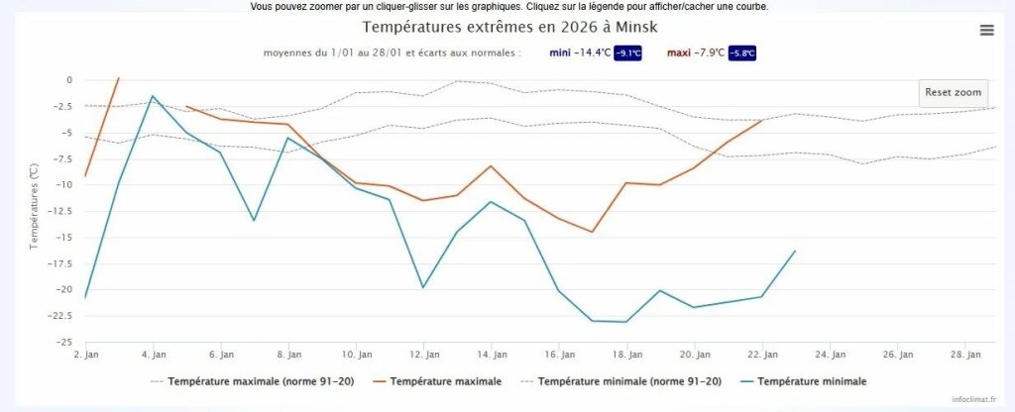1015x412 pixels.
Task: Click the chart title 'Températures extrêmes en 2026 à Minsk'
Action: pyautogui.click(x=509, y=27)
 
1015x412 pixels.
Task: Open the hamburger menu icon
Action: pyautogui.click(x=986, y=30)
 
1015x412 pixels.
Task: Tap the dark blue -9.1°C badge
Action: pyautogui.click(x=627, y=53)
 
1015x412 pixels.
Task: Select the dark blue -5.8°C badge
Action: pyautogui.click(x=748, y=53)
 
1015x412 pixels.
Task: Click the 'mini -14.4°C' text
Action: pyautogui.click(x=580, y=52)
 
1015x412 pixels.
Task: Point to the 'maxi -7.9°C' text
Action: pyautogui.click(x=695, y=52)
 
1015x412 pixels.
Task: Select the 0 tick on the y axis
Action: pyautogui.click(x=68, y=80)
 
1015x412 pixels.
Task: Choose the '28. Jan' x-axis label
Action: pyautogui.click(x=973, y=355)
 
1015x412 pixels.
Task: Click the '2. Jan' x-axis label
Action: pyautogui.click(x=85, y=355)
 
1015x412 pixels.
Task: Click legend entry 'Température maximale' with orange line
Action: pyautogui.click(x=445, y=381)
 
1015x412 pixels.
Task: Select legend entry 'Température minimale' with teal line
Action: pyautogui.click(x=811, y=381)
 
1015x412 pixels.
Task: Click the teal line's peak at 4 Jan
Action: pyautogui.click(x=153, y=96)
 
